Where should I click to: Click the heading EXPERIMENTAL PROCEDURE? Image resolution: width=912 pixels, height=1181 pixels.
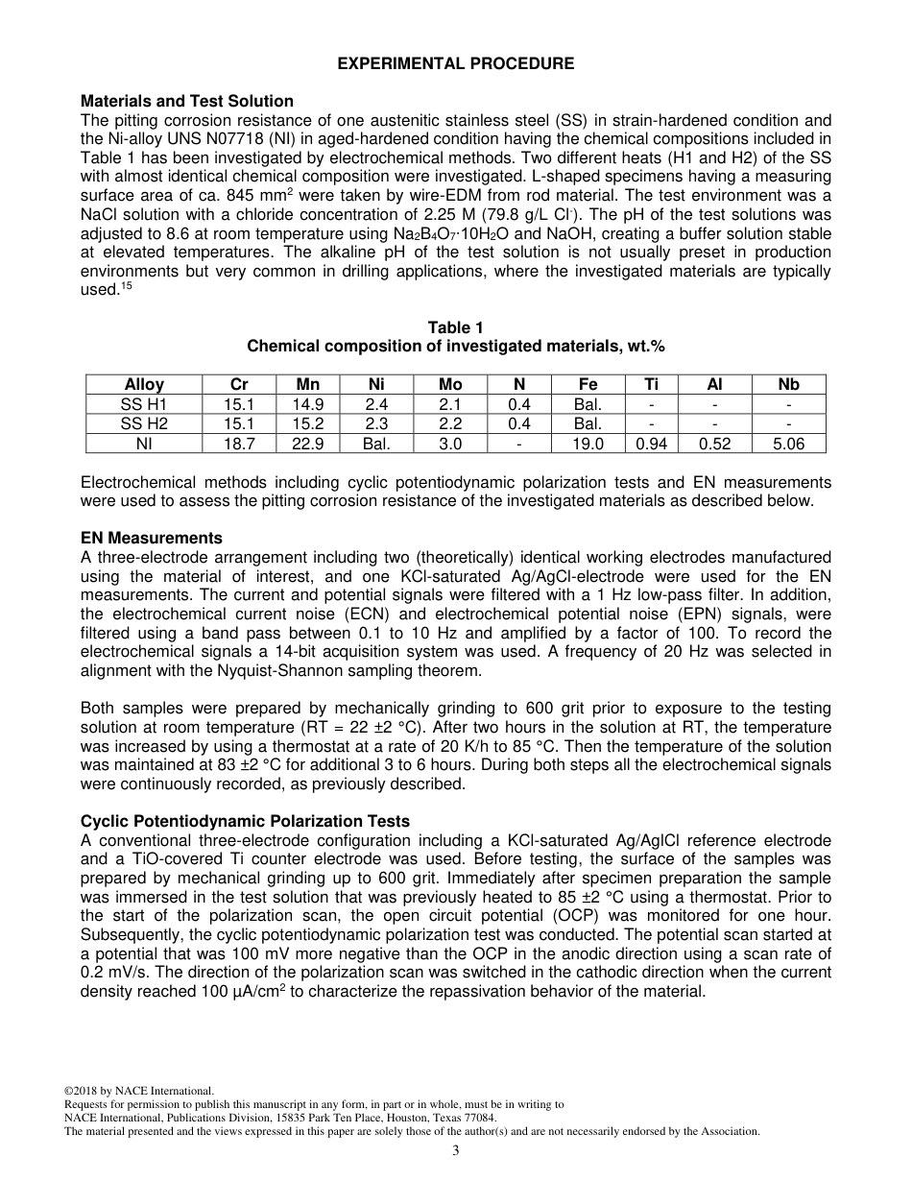(x=456, y=64)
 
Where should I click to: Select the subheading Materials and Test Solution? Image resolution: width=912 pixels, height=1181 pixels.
(x=187, y=101)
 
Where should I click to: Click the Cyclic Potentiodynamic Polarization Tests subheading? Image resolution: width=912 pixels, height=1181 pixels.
(x=245, y=821)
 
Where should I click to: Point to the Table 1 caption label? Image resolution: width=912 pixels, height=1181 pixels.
(x=456, y=328)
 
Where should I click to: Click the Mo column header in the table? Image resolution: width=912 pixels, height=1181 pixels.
(x=450, y=384)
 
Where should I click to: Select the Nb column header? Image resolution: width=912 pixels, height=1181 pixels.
(x=788, y=384)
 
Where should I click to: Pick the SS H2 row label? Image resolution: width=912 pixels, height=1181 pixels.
(x=144, y=423)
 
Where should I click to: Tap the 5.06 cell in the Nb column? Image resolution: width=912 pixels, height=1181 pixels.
(x=788, y=444)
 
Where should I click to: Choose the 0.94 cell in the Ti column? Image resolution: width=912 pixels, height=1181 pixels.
(x=651, y=444)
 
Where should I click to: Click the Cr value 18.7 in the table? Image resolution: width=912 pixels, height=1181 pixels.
(x=239, y=444)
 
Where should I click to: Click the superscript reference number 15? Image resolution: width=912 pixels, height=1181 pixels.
(x=124, y=287)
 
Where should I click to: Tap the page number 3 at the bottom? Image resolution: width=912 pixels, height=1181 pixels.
(x=456, y=1151)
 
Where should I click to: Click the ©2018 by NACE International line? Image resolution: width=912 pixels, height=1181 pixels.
(x=138, y=1091)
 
